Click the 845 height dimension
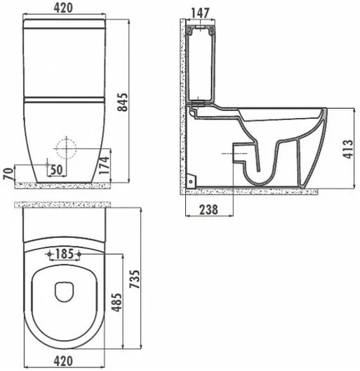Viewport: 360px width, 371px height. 123,102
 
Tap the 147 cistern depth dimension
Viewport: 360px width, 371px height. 200,13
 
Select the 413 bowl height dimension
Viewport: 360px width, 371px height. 347,149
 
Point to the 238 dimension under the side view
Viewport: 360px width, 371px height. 208,209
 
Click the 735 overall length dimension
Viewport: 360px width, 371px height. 135,279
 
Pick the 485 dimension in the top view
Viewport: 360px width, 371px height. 117,303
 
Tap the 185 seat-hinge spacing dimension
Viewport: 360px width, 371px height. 65,254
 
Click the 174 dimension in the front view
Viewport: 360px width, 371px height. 105,165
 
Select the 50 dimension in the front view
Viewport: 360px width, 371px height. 57,169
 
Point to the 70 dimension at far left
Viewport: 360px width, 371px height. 8,174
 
